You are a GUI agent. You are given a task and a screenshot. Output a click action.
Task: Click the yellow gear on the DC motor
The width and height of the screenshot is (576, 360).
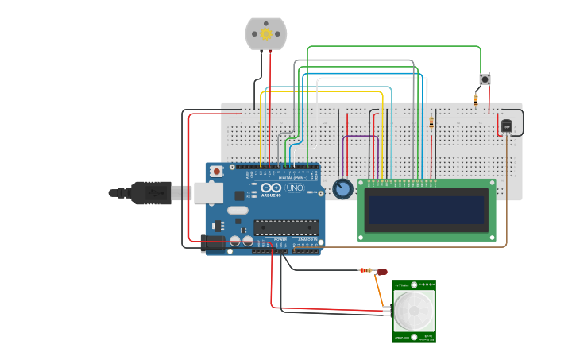click(265, 34)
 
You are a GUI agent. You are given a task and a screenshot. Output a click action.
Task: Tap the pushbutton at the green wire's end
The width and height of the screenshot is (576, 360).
click(485, 79)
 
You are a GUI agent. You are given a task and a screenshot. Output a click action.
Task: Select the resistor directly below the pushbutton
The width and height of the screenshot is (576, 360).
click(475, 99)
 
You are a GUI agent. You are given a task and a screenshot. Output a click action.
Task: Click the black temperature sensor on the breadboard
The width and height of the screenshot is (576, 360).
click(506, 126)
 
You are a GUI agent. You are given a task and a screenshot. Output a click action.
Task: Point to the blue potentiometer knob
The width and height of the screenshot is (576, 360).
click(342, 189)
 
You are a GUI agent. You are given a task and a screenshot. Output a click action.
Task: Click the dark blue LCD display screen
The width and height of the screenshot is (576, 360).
click(426, 210)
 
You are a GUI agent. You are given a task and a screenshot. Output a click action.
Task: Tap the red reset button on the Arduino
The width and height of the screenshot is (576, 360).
click(216, 171)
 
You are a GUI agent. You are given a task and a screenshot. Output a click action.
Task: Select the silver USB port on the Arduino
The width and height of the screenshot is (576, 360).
click(208, 192)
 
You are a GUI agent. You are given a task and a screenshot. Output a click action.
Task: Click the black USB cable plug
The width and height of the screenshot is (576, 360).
click(151, 192)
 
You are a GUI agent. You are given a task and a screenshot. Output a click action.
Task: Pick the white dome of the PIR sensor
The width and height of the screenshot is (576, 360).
click(414, 311)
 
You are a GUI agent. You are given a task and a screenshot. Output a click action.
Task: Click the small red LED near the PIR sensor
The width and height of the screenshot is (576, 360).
click(382, 272)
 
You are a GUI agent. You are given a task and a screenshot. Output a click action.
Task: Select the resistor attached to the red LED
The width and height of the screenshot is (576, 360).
click(365, 270)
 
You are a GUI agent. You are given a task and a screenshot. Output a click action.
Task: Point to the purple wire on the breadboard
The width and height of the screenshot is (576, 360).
click(360, 136)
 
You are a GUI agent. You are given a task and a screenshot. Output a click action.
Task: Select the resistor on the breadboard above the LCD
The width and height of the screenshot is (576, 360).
click(431, 122)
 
